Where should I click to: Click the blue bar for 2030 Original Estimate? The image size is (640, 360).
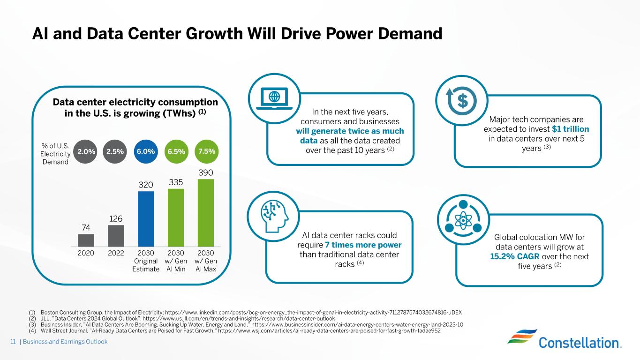tap(146, 218)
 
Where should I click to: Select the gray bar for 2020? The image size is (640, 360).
tap(86, 240)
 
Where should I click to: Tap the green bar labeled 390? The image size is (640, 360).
tap(206, 213)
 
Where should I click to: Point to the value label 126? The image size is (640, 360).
tap(116, 218)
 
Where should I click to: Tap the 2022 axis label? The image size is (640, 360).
tap(116, 253)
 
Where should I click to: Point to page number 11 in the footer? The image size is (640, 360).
tap(13, 342)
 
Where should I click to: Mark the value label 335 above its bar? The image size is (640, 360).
tap(176, 182)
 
